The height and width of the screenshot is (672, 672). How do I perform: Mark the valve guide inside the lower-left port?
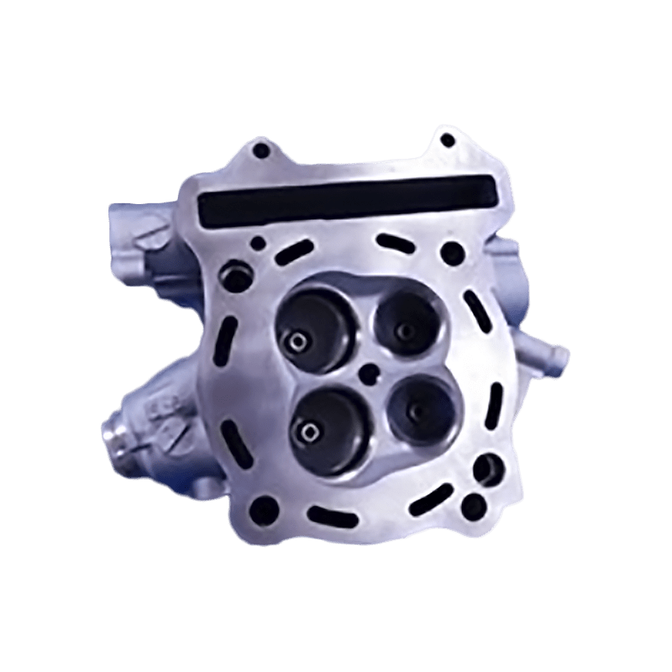tap(306, 433)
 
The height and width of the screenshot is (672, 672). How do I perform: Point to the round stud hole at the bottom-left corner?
tap(263, 507)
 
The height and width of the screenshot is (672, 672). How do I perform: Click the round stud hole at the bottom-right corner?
tap(474, 505)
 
